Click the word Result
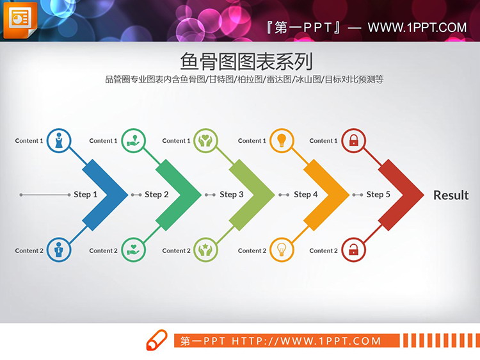(451, 195)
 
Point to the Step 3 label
(232, 195)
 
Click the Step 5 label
(378, 195)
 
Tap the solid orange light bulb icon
(280, 140)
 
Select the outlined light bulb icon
(280, 250)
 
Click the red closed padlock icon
(353, 140)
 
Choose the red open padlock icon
(353, 250)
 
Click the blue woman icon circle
(59, 140)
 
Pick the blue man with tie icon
(59, 250)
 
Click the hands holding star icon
(205, 250)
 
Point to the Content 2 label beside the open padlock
(323, 251)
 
